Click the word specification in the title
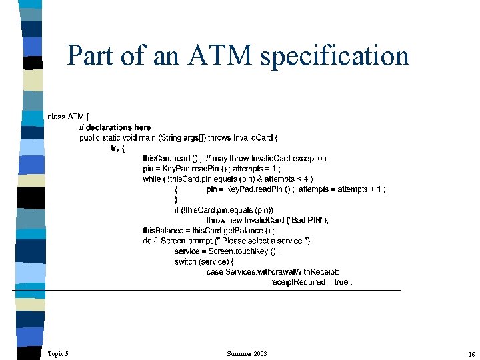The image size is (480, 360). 335,57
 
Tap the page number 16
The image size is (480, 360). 471,353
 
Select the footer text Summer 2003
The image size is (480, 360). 247,353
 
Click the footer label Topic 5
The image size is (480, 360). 58,353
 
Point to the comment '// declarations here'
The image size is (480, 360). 115,127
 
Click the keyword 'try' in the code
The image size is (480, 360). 116,148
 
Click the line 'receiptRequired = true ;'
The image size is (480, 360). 311,283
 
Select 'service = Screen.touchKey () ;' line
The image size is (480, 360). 227,251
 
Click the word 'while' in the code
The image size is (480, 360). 151,179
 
